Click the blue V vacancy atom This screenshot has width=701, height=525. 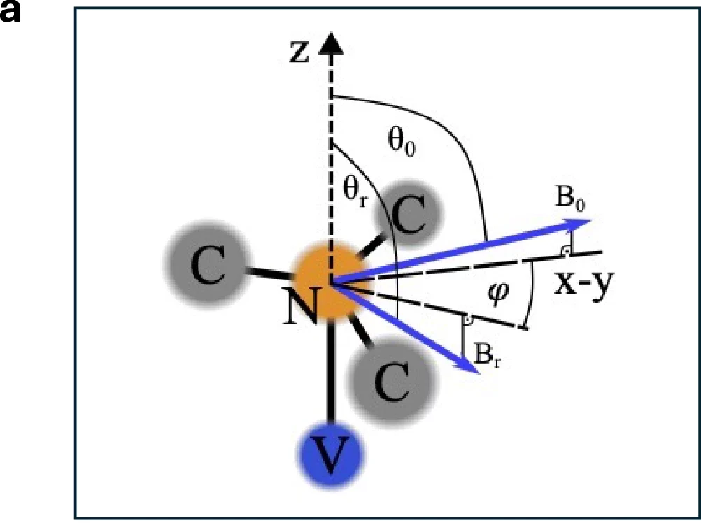click(330, 455)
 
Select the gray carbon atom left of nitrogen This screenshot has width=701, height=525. click(208, 265)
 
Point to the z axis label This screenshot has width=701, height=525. click(299, 52)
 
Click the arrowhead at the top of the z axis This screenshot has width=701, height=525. click(331, 43)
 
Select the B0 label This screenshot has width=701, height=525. click(570, 197)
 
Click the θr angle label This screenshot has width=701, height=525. click(355, 191)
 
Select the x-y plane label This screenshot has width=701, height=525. click(584, 284)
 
